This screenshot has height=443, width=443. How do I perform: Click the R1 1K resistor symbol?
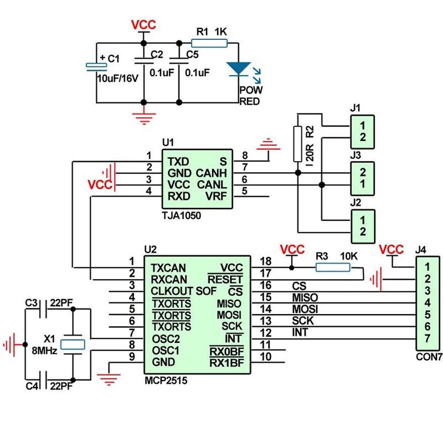[x=208, y=42]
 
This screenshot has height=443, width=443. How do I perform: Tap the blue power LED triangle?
[x=239, y=68]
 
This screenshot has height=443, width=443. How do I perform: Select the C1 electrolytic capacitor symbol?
[x=97, y=66]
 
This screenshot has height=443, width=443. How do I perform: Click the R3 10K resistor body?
[x=332, y=268]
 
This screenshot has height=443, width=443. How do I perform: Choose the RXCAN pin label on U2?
[x=169, y=279]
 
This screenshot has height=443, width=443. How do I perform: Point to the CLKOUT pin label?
[x=172, y=291]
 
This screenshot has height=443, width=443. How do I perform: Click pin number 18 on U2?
[x=265, y=261]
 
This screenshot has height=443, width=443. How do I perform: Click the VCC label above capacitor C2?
[x=143, y=25]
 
